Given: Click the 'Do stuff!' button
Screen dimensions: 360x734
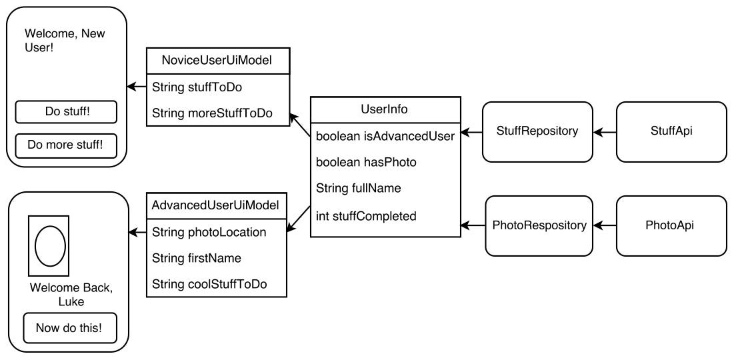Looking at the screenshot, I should point(66,112).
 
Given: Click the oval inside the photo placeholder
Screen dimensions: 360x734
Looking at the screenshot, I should point(49,245).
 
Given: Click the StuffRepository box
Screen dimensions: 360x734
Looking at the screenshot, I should point(537,131).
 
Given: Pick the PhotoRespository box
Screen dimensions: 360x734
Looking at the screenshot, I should point(539,225).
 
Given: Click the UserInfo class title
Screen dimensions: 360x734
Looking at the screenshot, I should point(385,109).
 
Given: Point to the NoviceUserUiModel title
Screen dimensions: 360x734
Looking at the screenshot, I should point(217,61).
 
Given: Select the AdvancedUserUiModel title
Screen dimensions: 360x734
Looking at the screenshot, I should point(215,205).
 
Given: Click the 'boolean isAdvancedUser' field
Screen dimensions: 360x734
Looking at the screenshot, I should point(385,137).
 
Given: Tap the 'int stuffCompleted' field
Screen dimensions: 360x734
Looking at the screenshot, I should point(366,216).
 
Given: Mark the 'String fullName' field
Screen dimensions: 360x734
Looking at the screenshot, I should point(359,189).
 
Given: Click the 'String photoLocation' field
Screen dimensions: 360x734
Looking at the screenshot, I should point(209,232).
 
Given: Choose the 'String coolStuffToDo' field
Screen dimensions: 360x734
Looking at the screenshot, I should point(209,284).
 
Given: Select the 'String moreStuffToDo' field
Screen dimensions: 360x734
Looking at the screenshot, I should point(212,113).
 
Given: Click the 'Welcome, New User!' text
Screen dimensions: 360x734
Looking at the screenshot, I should point(65,41).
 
